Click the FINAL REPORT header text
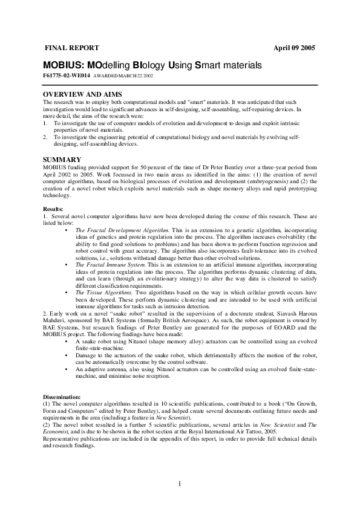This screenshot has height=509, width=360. pyautogui.click(x=68, y=47)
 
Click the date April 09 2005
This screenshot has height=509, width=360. pyautogui.click(x=294, y=48)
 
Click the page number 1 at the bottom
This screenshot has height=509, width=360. pyautogui.click(x=180, y=483)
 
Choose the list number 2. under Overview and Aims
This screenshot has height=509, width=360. pyautogui.click(x=46, y=138)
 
